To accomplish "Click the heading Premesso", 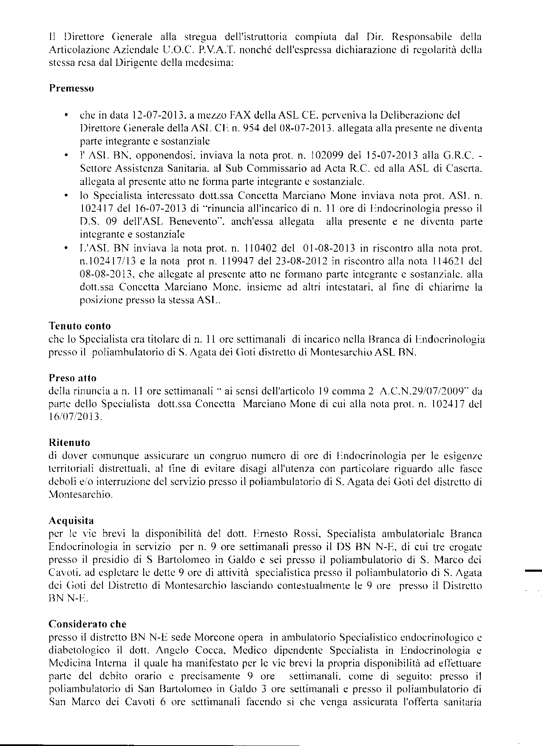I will coord(71,88).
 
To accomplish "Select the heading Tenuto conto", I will coord(79,326).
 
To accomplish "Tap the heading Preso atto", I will coord(73,378).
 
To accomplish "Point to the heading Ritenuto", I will coord(69,442).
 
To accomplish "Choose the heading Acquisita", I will coord(71,520).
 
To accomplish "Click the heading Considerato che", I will coord(88,624).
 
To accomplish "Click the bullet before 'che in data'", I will coord(66,116).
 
